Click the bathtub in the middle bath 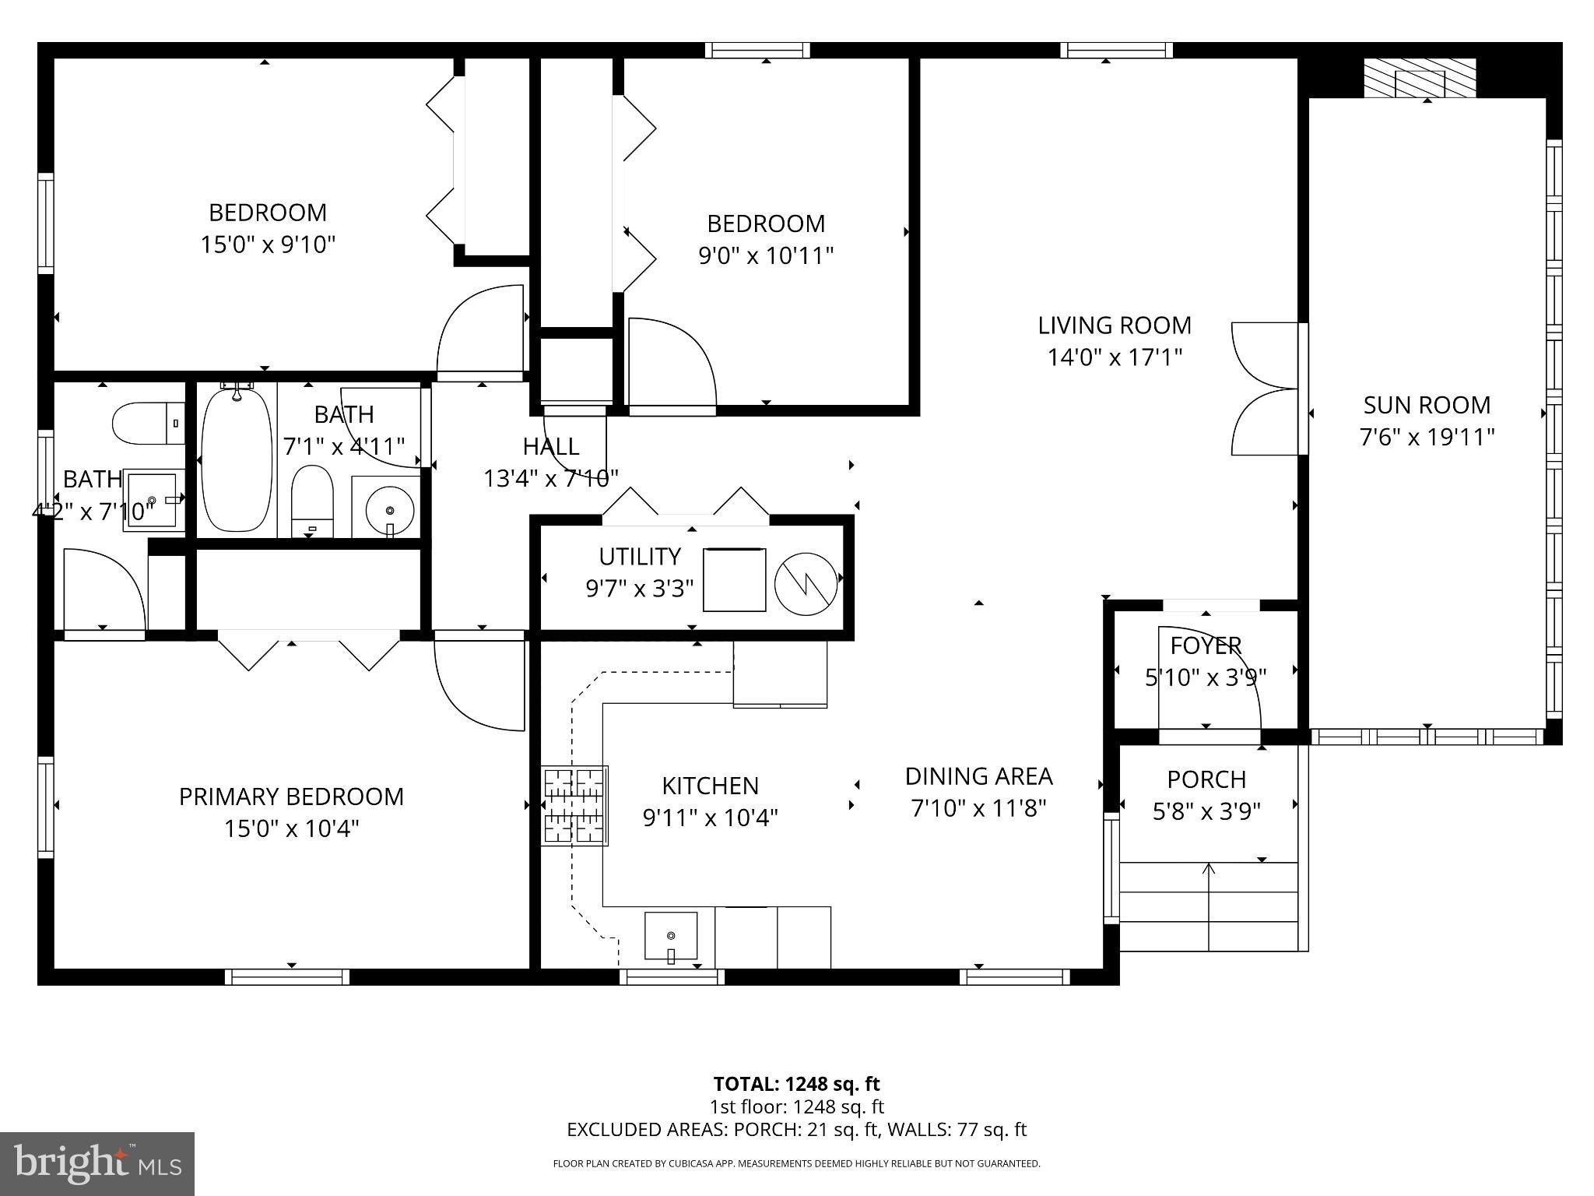(x=237, y=460)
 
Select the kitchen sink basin (x=670, y=935)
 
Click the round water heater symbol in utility (x=806, y=582)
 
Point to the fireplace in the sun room (x=1419, y=81)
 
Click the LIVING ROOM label (x=1114, y=325)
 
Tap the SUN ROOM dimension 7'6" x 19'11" (x=1427, y=437)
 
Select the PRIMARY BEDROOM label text (x=291, y=797)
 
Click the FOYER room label (x=1206, y=645)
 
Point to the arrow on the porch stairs (x=1209, y=869)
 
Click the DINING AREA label (x=978, y=776)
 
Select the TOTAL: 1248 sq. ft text (x=796, y=1084)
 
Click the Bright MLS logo (x=97, y=1164)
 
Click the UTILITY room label (x=639, y=557)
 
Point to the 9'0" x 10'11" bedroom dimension (x=766, y=255)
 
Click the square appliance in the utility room (x=734, y=580)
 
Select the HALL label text (x=550, y=446)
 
